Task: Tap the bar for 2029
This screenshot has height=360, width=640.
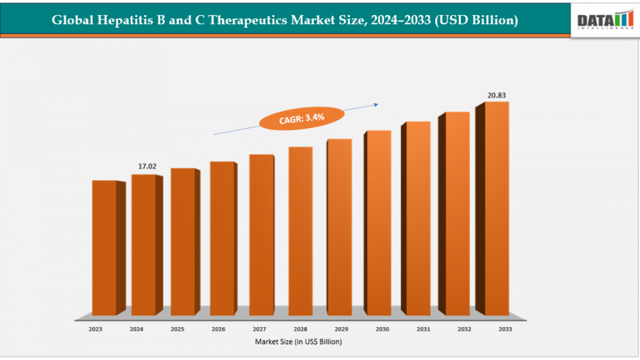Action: click(x=339, y=227)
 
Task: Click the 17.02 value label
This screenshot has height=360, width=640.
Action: click(x=147, y=166)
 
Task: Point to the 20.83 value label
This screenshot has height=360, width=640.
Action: click(x=496, y=95)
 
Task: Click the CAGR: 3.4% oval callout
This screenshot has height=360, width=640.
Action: click(x=302, y=118)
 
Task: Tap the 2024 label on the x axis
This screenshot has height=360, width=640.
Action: click(x=136, y=329)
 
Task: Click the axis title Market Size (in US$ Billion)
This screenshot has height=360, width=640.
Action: click(x=299, y=342)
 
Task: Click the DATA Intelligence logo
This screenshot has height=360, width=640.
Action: click(x=605, y=19)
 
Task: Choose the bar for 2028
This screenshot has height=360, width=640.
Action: click(x=300, y=231)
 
